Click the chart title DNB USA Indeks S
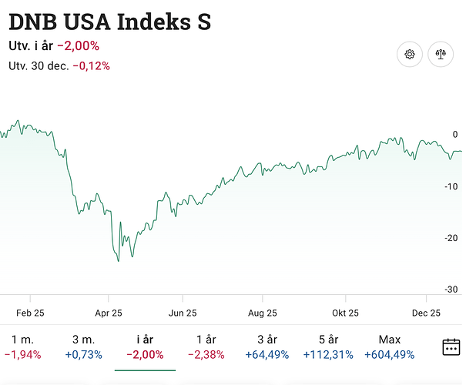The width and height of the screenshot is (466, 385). (x=109, y=22)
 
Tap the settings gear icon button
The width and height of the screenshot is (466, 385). (x=410, y=54)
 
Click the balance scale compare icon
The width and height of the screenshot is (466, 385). (x=441, y=54)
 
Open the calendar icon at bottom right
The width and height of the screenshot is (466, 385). (x=451, y=346)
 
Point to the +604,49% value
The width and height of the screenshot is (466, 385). (x=390, y=355)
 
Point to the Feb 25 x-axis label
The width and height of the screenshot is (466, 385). (x=30, y=313)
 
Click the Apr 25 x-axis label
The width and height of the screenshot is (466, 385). (x=108, y=313)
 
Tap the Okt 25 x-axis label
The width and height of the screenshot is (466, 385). (x=345, y=313)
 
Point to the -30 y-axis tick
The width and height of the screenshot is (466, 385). (x=454, y=290)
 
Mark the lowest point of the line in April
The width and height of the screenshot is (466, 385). (x=119, y=261)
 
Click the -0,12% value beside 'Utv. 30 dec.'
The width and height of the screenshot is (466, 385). (x=92, y=66)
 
